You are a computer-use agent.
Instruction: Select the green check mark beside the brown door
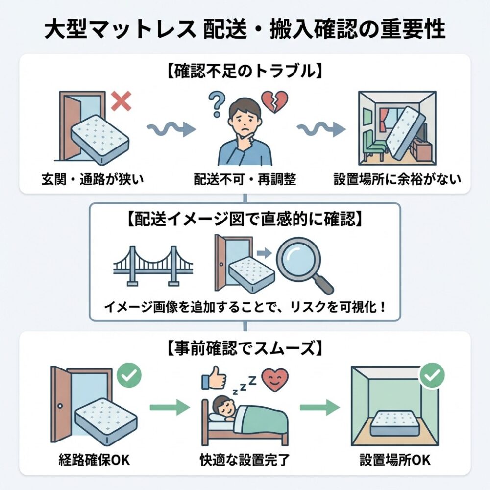tap(129, 375)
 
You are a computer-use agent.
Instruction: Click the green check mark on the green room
tap(432, 376)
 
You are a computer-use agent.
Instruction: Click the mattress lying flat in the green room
tap(396, 423)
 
